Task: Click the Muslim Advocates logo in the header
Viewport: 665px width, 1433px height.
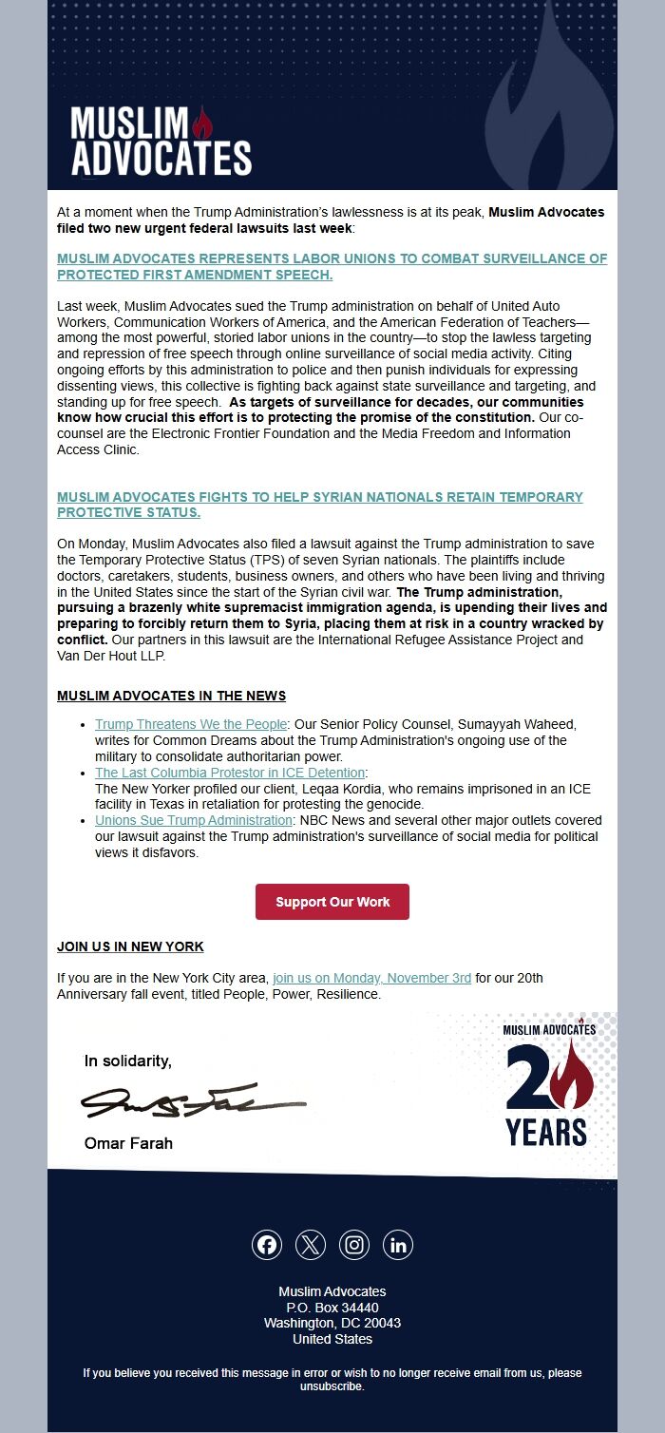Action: point(161,141)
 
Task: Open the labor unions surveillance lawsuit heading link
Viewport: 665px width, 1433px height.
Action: point(332,267)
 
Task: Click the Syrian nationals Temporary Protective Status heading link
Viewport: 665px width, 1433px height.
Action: point(319,505)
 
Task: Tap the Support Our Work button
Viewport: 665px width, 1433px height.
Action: point(332,902)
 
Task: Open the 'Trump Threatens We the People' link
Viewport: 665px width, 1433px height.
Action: point(191,724)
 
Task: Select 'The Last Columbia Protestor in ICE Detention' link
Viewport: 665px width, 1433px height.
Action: point(230,773)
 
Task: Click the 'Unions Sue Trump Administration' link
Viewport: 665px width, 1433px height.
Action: point(194,820)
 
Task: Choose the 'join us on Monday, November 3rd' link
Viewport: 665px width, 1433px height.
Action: point(371,978)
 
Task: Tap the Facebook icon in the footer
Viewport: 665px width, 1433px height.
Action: point(267,1245)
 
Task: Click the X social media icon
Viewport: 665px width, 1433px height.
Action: point(311,1245)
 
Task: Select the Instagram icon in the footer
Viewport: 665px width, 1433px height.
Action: point(354,1245)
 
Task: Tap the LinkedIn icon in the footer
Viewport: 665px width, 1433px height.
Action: point(398,1245)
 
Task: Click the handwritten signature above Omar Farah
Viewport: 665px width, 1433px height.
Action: point(195,1101)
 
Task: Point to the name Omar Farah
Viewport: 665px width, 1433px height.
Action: point(128,1143)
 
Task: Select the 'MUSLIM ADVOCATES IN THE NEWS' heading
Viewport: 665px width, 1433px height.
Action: point(171,696)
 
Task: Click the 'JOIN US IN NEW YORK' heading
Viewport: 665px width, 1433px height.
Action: point(130,946)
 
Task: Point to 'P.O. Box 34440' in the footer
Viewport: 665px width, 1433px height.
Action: point(332,1308)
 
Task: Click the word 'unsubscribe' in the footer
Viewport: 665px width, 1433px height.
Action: point(332,1386)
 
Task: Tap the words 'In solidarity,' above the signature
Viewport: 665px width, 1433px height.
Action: point(128,1060)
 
